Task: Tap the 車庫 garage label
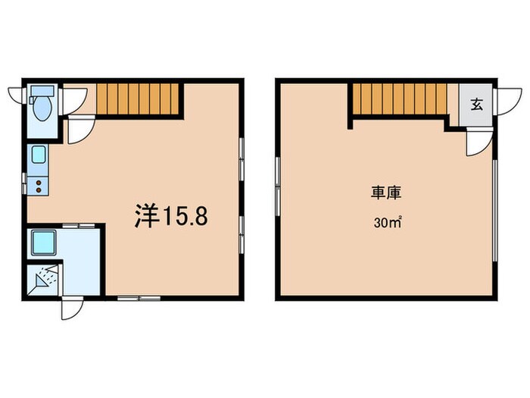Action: [x=385, y=193]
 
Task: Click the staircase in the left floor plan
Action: [x=139, y=99]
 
